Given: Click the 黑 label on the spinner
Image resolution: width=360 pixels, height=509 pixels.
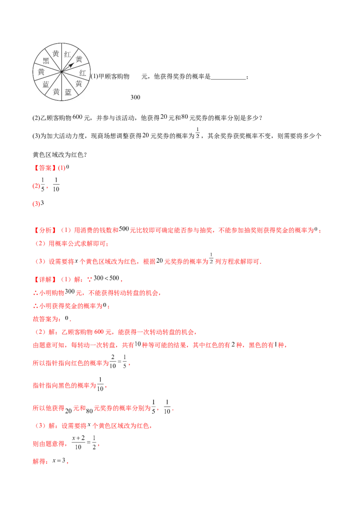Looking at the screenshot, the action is tap(46, 61).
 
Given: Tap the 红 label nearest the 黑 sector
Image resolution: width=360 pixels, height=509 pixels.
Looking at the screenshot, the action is tap(67, 54).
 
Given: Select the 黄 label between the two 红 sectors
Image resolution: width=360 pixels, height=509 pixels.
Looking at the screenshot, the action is tap(79, 59).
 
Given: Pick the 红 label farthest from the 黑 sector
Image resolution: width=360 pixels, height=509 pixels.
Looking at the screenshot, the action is tap(83, 72).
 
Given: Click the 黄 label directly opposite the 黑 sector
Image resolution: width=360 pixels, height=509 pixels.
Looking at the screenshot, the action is tap(79, 84).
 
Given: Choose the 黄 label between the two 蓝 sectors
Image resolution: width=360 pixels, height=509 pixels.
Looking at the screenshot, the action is tap(56, 92).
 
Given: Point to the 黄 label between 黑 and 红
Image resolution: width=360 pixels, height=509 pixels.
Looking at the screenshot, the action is tap(56, 54).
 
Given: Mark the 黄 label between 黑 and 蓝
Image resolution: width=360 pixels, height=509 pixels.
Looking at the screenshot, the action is tap(41, 72).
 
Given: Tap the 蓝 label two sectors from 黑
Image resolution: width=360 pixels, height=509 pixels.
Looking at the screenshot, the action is tap(46, 84).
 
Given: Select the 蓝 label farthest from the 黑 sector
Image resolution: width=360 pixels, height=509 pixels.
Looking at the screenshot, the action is tap(68, 92).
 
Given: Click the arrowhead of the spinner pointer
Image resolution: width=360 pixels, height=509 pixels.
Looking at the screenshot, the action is tap(71, 65).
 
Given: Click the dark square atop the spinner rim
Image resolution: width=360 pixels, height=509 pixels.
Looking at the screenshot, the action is tap(61, 41).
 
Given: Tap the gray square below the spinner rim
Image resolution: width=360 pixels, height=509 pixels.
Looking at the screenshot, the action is tap(61, 102).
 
